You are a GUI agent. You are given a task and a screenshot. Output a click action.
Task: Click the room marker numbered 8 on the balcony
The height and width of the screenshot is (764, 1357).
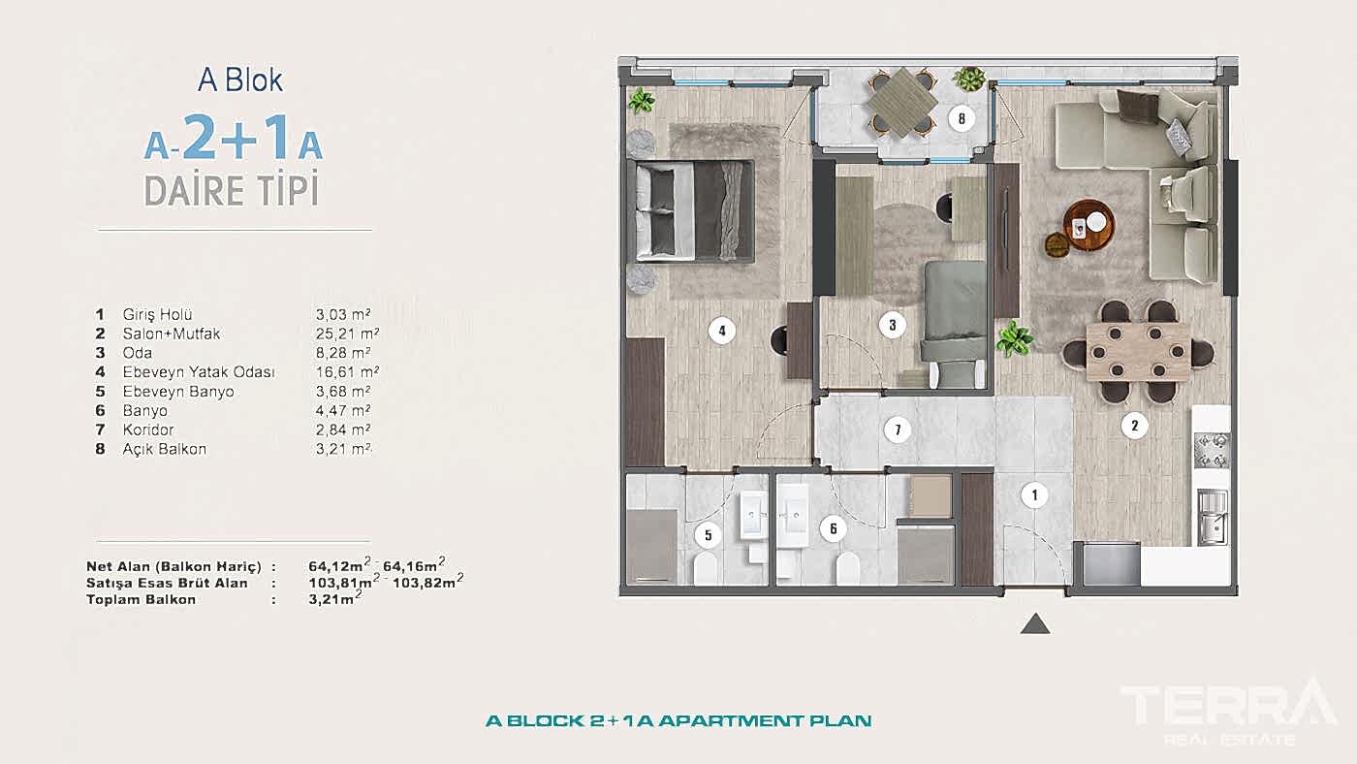click(961, 119)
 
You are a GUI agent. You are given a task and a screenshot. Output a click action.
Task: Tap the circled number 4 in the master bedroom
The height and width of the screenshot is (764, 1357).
click(720, 331)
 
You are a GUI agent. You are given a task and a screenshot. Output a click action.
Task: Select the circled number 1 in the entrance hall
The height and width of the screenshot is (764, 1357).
click(1034, 495)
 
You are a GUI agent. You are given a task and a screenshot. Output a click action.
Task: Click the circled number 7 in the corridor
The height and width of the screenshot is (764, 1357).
click(898, 430)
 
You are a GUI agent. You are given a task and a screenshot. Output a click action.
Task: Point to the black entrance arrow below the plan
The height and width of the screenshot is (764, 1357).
click(1035, 624)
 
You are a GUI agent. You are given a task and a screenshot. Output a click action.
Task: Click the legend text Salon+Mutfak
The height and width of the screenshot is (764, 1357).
click(172, 334)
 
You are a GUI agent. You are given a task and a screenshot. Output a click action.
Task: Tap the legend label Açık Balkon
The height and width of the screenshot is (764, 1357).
click(165, 449)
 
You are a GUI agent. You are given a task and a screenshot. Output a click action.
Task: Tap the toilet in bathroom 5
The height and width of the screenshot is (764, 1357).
click(707, 568)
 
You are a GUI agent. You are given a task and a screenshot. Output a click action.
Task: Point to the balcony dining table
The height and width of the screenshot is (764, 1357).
click(900, 102)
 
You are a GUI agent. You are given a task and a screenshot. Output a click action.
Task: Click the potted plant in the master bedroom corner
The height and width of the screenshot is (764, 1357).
click(641, 100)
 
